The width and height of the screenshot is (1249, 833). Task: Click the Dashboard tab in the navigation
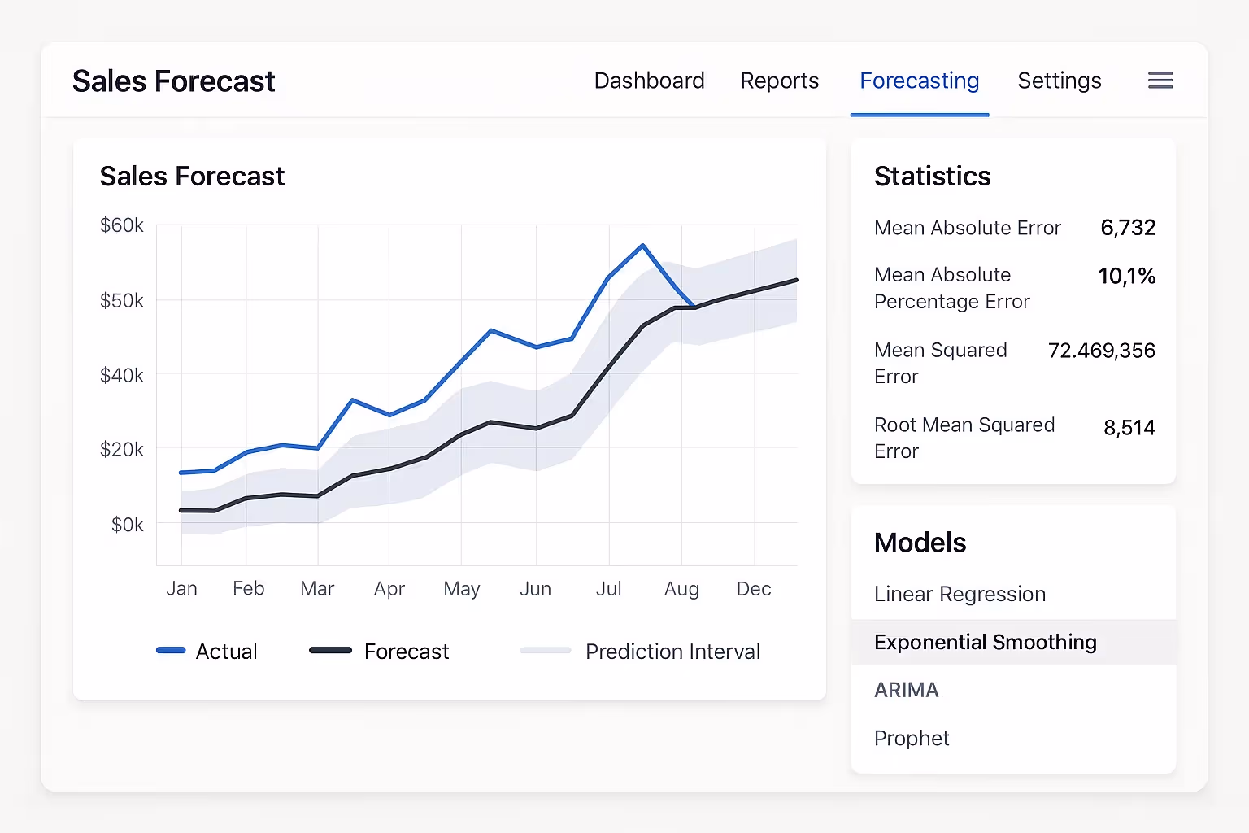649,81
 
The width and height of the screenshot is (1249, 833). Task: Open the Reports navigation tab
779,81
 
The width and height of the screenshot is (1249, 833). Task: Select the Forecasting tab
919,81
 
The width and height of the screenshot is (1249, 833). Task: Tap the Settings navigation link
1059,81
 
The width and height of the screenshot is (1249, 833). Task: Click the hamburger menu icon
1160,81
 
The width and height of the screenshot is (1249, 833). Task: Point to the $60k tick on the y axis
122,225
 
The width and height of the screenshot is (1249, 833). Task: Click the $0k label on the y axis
127,525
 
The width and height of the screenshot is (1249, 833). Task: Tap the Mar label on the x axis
317,588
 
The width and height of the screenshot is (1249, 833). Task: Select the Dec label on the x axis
753,588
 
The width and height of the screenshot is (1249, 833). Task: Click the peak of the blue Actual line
642,245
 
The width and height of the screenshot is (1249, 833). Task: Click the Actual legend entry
208,651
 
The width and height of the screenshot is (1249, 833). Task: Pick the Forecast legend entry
381,651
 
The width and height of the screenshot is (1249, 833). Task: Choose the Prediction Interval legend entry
641,651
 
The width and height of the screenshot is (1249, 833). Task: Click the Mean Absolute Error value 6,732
1127,228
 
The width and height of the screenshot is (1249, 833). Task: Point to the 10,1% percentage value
1126,276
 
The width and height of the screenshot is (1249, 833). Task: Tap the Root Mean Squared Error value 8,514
1129,428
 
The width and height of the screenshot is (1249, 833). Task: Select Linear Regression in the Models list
960,594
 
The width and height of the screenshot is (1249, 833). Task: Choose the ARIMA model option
906,690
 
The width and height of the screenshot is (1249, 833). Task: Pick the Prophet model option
911,738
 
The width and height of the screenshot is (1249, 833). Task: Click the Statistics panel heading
932,177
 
